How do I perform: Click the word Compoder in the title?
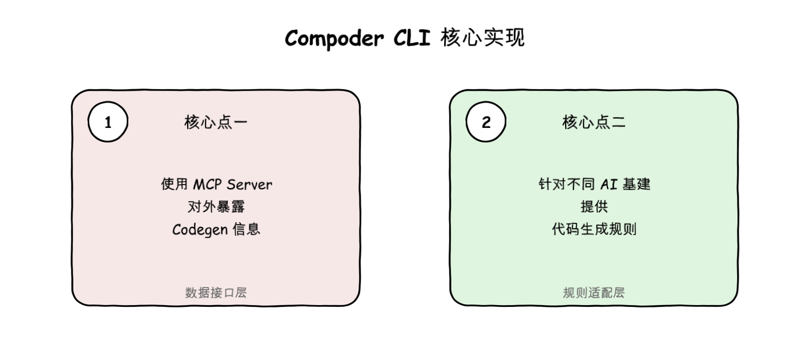[334, 38]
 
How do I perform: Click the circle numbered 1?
[108, 122]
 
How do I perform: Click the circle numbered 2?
[486, 122]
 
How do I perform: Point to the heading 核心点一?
[216, 122]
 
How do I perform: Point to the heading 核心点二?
[594, 122]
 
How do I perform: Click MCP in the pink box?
[207, 185]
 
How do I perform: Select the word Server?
[249, 185]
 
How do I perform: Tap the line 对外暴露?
[216, 207]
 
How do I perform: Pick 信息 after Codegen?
[247, 229]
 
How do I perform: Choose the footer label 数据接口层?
[216, 293]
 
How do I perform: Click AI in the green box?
[609, 185]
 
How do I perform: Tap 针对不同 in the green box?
[566, 185]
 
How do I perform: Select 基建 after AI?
[636, 185]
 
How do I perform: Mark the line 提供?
[594, 207]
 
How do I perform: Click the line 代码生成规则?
[594, 229]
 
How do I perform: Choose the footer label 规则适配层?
[594, 293]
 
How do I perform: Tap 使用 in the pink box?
[174, 185]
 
